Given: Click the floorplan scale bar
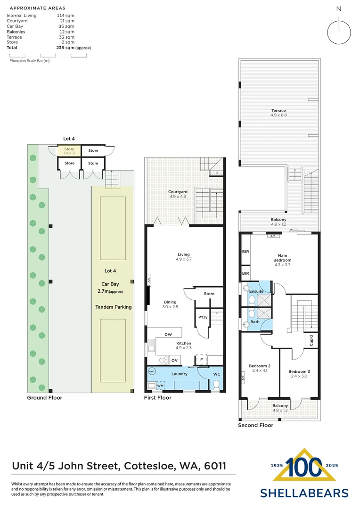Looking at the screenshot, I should (48, 56).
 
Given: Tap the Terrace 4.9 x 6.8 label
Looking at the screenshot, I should (278, 113).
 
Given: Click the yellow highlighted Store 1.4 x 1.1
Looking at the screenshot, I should (69, 151).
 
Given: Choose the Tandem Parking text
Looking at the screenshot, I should (114, 307).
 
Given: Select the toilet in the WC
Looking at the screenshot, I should (217, 386).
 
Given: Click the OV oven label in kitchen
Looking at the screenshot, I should (174, 360).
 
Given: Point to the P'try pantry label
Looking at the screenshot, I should (203, 317).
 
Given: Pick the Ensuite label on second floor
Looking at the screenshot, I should (256, 291).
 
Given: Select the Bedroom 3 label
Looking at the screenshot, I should (299, 374).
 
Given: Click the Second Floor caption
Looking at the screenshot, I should (255, 425).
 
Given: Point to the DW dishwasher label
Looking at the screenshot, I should (168, 335).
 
